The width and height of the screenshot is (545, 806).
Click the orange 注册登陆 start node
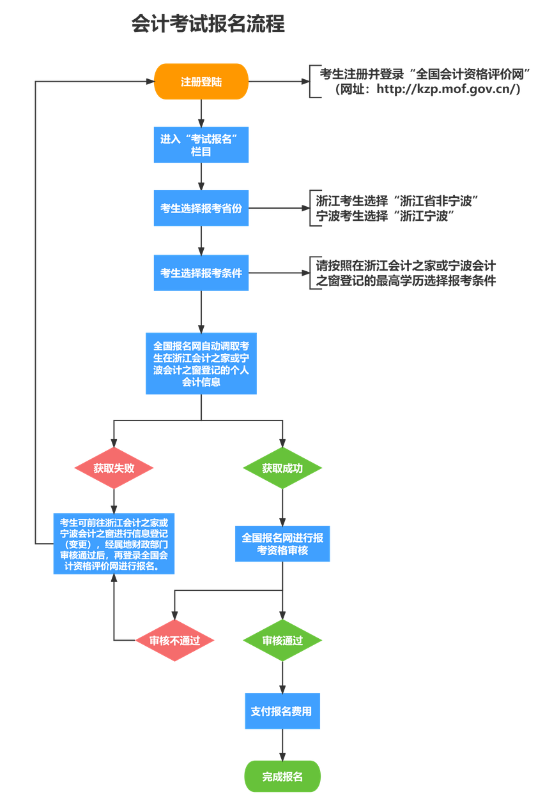pyautogui.click(x=201, y=82)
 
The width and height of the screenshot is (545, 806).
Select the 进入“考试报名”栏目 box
pyautogui.click(x=201, y=145)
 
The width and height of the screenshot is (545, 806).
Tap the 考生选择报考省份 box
pyautogui.click(x=201, y=208)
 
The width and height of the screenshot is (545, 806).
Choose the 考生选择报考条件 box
pyautogui.click(x=201, y=272)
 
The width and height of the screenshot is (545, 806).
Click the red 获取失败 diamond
pyautogui.click(x=114, y=468)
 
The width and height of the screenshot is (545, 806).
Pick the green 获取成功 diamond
pyautogui.click(x=282, y=468)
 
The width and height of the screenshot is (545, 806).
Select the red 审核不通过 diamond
pyautogui.click(x=174, y=640)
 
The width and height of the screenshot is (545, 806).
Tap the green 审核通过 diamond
pyautogui.click(x=282, y=640)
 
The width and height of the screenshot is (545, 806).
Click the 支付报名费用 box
pyautogui.click(x=282, y=711)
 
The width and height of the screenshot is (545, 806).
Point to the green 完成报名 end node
pyautogui.click(x=282, y=776)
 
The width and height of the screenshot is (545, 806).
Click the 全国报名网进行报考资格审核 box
pyautogui.click(x=282, y=544)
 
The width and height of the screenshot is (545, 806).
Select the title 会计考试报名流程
pyautogui.click(x=208, y=24)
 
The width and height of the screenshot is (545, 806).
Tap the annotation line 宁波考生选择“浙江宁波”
pyautogui.click(x=385, y=216)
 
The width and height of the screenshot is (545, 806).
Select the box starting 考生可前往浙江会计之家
pyautogui.click(x=114, y=544)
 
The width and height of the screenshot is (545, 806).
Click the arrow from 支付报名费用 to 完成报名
pyautogui.click(x=282, y=745)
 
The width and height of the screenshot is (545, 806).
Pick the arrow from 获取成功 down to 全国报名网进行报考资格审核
pyautogui.click(x=282, y=507)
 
